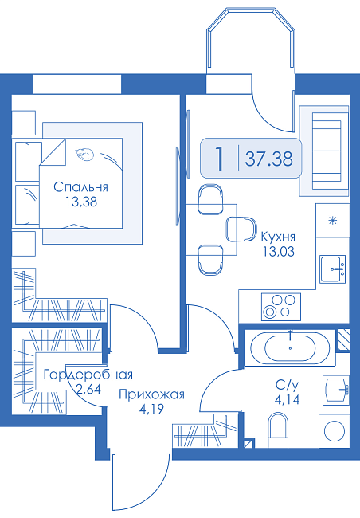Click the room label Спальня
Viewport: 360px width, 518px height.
(80, 187)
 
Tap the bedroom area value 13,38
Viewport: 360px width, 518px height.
(81, 201)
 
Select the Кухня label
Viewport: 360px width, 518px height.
(278, 237)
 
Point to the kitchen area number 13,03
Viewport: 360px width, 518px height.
(278, 252)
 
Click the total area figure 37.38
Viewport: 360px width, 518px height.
(268, 159)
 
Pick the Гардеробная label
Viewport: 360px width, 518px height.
(88, 375)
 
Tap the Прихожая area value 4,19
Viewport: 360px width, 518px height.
(151, 410)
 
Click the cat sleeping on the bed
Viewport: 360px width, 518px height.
(84, 155)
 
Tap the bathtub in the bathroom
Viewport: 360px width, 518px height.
(290, 348)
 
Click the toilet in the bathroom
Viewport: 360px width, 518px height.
(278, 430)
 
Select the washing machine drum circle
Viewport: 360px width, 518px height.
(335, 431)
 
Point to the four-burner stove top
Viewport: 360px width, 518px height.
(281, 307)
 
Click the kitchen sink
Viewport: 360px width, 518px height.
(333, 269)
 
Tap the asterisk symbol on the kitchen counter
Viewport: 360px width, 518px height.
(332, 220)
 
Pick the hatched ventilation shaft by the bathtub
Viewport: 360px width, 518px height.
(342, 339)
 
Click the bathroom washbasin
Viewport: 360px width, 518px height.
(336, 390)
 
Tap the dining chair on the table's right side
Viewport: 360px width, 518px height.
(242, 230)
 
